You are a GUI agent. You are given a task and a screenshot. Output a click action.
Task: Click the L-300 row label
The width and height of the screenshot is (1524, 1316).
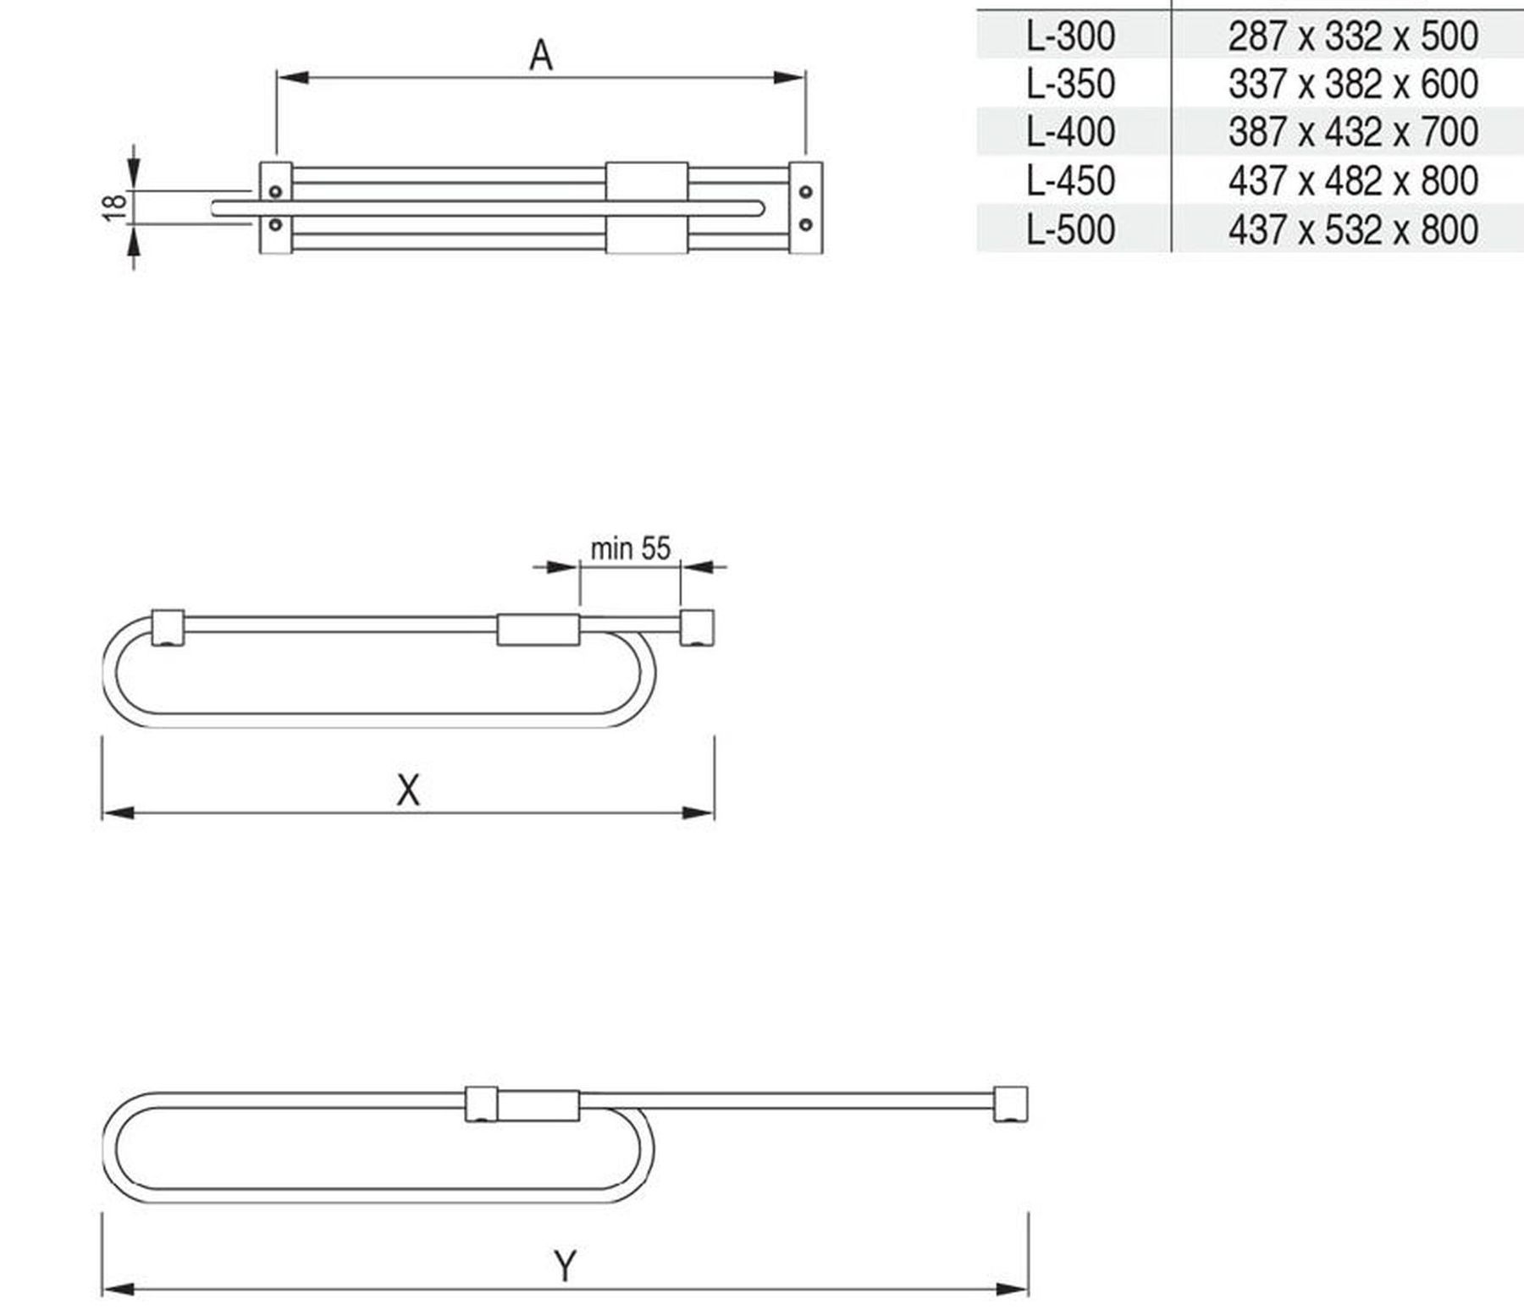coord(1070,36)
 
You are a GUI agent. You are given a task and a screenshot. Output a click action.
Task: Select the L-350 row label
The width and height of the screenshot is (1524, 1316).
coord(1070,84)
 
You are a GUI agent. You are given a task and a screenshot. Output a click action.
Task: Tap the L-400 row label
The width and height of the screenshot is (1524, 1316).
coord(1070,131)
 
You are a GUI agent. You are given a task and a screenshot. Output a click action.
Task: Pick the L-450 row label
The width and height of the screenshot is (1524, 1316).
coord(1070,180)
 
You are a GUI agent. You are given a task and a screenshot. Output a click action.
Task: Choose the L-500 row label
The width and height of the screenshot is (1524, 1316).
coord(1070,229)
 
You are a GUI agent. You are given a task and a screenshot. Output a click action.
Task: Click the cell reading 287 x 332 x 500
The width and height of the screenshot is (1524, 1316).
coord(1353,36)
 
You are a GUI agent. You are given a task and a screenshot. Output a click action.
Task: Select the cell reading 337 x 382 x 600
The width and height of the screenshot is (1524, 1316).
coord(1353,84)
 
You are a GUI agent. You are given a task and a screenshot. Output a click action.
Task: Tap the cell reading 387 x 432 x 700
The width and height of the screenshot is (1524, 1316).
coord(1353,131)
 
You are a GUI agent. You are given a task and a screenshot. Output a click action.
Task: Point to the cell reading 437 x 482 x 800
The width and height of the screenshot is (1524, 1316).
coord(1353,180)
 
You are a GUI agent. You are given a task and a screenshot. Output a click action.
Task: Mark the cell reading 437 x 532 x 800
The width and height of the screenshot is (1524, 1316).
coord(1353,229)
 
